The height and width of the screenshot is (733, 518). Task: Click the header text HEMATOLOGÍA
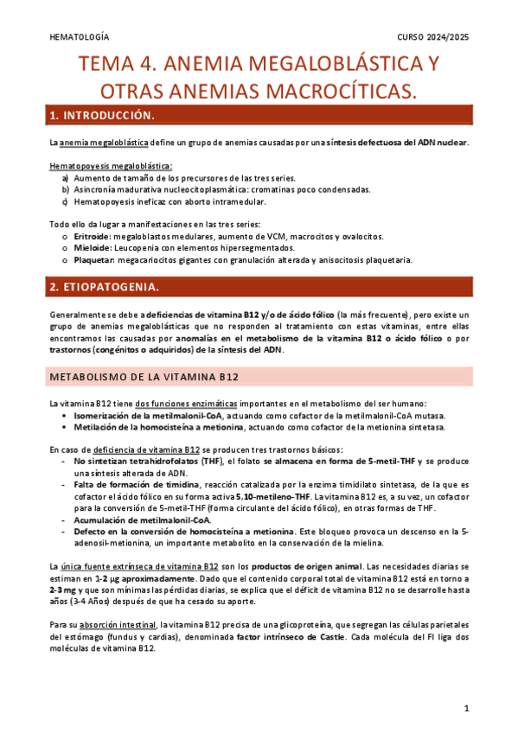80,38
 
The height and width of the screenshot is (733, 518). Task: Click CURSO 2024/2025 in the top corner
432,38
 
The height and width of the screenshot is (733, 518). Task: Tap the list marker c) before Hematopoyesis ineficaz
66,201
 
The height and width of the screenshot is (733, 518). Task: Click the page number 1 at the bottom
465,708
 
